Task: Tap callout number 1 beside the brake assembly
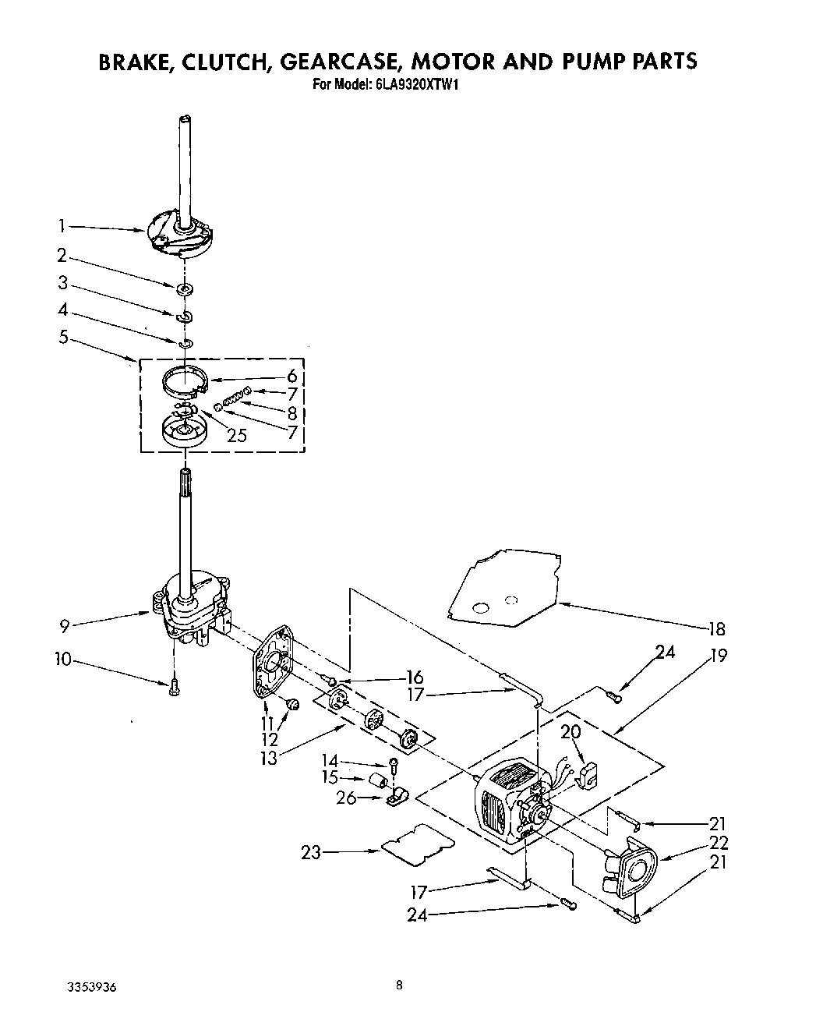61,226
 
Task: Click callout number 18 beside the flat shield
716,629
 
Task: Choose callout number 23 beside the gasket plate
312,853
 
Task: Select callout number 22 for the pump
718,842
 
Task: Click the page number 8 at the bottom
399,985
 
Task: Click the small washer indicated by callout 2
185,290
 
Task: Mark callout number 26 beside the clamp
345,798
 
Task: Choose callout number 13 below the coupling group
269,757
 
